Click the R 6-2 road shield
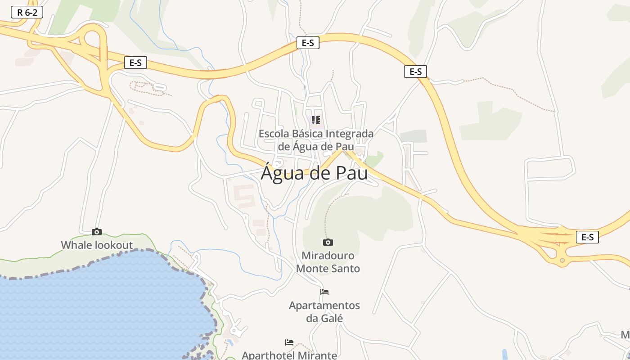27,12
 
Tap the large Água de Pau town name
314,173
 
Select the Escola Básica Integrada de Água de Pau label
316,140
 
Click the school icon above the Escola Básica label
316,120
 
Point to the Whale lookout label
97,245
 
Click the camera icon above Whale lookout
97,232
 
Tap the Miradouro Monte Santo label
328,262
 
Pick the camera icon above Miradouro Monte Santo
328,242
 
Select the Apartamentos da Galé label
324,312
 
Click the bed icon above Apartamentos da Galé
324,292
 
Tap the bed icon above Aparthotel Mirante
289,342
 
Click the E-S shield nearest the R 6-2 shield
135,63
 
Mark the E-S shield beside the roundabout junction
587,237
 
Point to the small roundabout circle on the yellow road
562,260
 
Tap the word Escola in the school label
274,134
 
